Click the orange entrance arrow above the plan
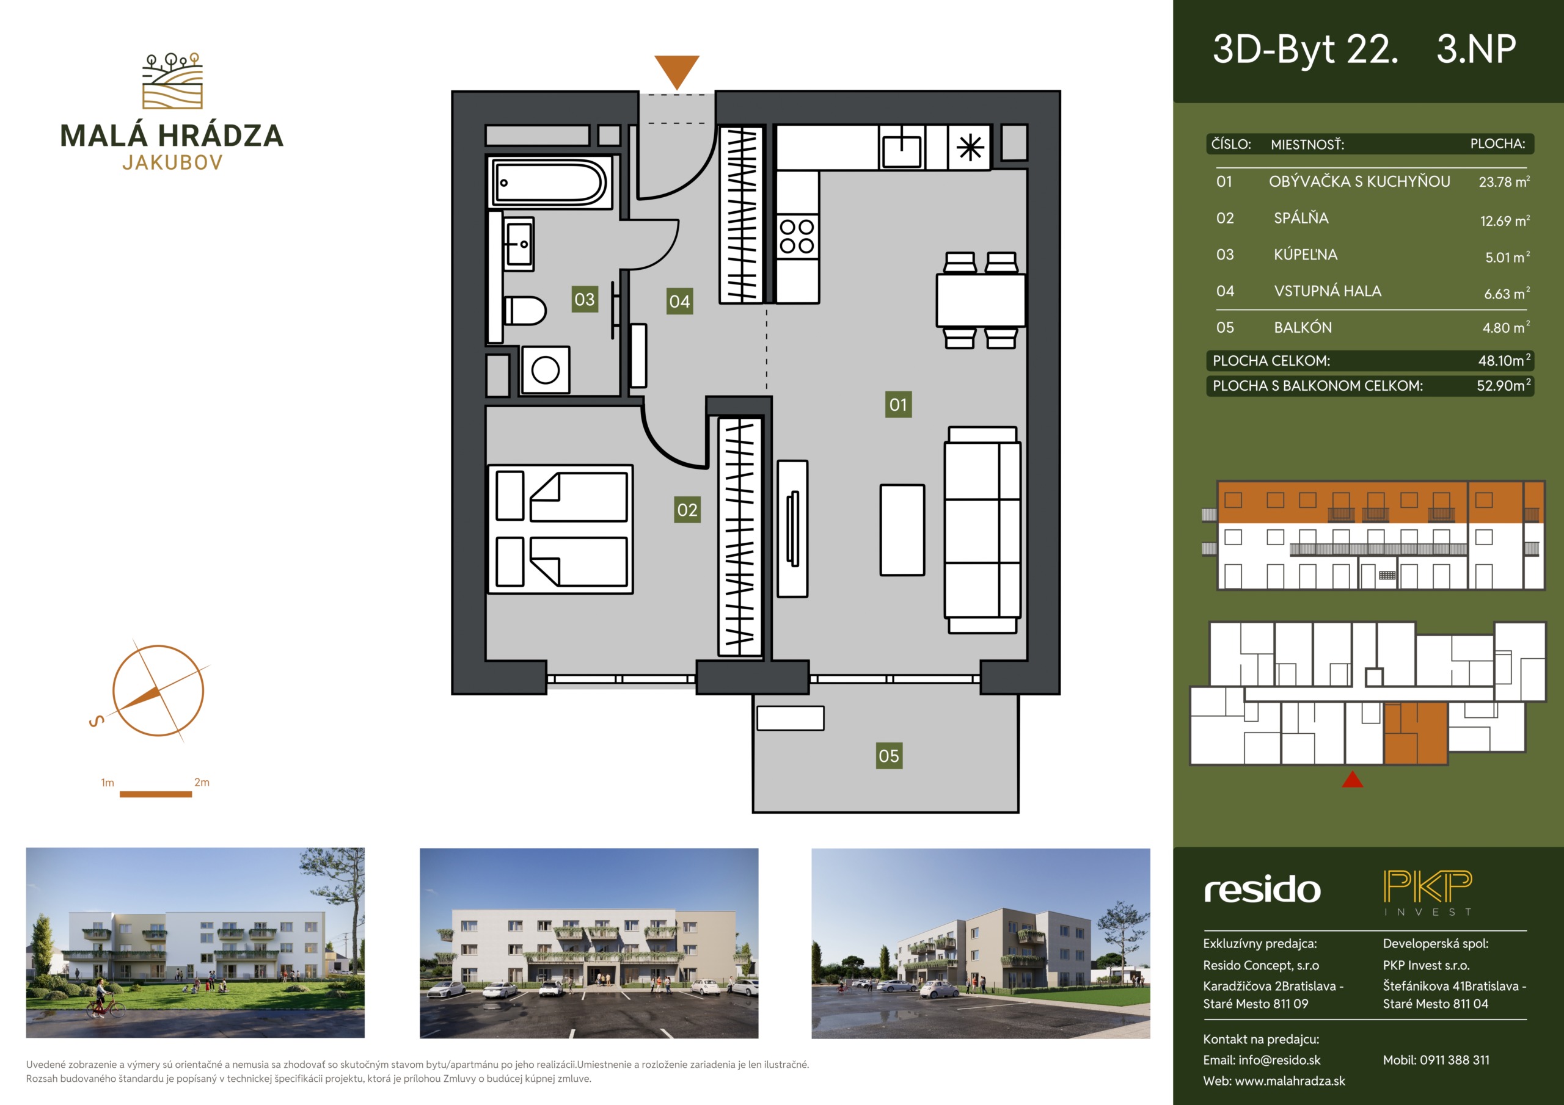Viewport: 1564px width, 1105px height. (x=676, y=70)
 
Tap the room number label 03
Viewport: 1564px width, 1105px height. (x=585, y=299)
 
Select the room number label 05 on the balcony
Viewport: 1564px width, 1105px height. (x=889, y=755)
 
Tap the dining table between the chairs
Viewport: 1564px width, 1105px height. (x=981, y=300)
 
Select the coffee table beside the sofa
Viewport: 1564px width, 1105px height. (x=902, y=530)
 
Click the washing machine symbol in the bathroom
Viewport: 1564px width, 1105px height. (x=546, y=370)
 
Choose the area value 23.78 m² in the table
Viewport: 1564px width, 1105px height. (x=1504, y=181)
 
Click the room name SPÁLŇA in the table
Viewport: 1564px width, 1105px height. (x=1301, y=218)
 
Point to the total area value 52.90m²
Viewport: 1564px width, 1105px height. (x=1504, y=385)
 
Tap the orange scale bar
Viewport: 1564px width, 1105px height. (x=155, y=794)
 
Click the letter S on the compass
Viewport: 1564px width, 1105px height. (x=97, y=720)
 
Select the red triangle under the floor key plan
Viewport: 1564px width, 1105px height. (x=1352, y=779)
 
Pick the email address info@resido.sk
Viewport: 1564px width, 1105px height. (x=1279, y=1060)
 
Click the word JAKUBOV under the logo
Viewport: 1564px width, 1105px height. (x=172, y=163)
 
